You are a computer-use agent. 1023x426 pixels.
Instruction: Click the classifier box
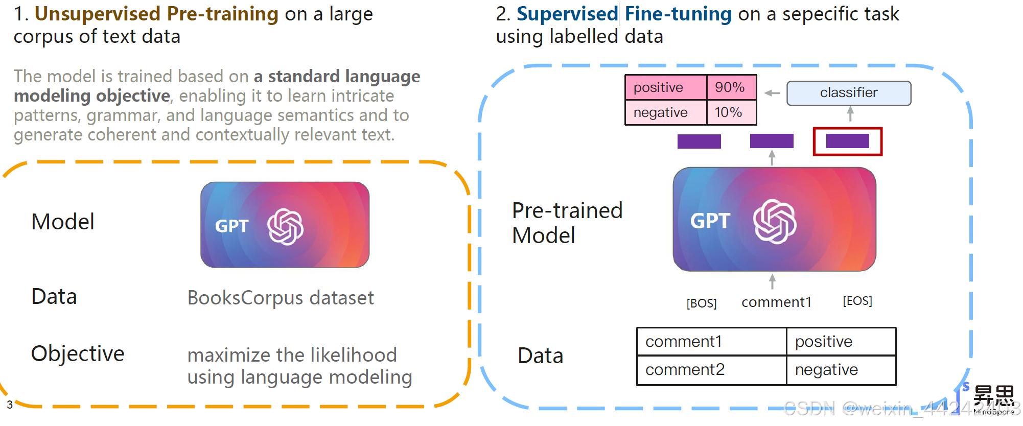848,93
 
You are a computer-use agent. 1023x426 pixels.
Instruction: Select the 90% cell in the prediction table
731,87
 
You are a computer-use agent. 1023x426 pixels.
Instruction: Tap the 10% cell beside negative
731,112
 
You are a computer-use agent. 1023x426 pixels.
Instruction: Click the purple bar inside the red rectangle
847,141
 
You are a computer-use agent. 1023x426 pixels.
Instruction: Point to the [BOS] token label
701,303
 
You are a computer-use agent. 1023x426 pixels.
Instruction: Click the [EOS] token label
857,301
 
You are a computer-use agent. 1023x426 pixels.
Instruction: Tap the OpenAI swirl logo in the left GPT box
285,227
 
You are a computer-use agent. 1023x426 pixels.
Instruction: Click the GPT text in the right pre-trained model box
710,221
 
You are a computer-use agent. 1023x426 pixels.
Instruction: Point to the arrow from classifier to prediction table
772,93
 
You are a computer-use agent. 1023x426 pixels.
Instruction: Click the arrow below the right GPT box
772,281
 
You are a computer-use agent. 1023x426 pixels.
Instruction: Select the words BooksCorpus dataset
281,298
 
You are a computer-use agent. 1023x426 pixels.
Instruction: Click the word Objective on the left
78,353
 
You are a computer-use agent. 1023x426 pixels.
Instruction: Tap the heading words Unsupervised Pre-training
156,14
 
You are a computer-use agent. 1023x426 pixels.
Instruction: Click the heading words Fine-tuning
678,14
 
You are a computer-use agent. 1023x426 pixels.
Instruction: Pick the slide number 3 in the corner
10,405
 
